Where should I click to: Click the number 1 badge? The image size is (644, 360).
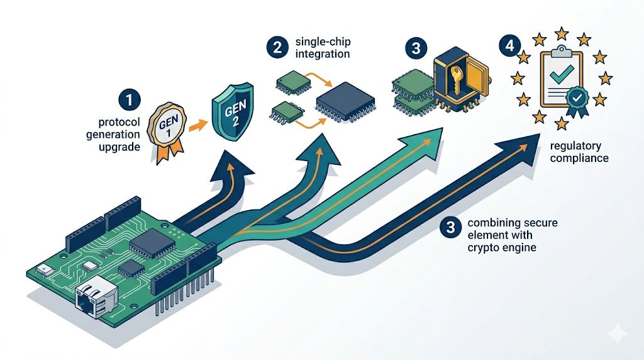pos(130,100)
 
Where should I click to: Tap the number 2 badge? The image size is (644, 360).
pos(277,47)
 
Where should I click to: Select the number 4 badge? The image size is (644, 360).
pos(509,45)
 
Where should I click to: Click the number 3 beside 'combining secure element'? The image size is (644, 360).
pos(450,227)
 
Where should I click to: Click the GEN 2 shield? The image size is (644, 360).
pos(233,112)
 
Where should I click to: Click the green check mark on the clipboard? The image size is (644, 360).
pos(562,72)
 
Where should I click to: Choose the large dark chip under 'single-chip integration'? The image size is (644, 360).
pos(345,102)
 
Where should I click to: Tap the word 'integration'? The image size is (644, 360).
pos(323,54)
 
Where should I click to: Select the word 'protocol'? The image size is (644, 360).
pos(119,122)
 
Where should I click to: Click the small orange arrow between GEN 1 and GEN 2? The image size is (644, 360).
pos(198,125)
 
